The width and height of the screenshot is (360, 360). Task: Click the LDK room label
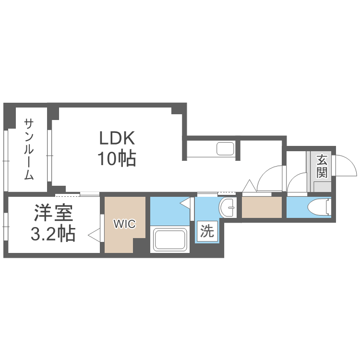(117, 138)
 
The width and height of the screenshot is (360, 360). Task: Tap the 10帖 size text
(117, 159)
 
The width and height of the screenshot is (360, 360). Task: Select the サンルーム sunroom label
(29, 149)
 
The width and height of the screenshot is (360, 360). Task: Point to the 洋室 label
(53, 213)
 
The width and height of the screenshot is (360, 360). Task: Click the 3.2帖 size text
(53, 233)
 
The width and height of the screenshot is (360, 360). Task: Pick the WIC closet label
(125, 224)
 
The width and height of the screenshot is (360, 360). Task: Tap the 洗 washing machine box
(207, 231)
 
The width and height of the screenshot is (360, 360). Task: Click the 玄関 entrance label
(322, 166)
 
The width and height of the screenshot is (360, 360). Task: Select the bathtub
(170, 239)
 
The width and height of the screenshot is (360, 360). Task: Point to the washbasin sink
(228, 207)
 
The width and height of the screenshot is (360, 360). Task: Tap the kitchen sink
(226, 148)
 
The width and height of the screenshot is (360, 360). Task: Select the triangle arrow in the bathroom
(185, 203)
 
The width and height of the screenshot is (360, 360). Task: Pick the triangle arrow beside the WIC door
(94, 235)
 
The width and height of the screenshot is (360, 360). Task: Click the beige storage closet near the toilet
(262, 207)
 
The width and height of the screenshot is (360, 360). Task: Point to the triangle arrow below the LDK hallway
(249, 186)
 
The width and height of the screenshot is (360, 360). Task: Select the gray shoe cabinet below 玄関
(323, 187)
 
